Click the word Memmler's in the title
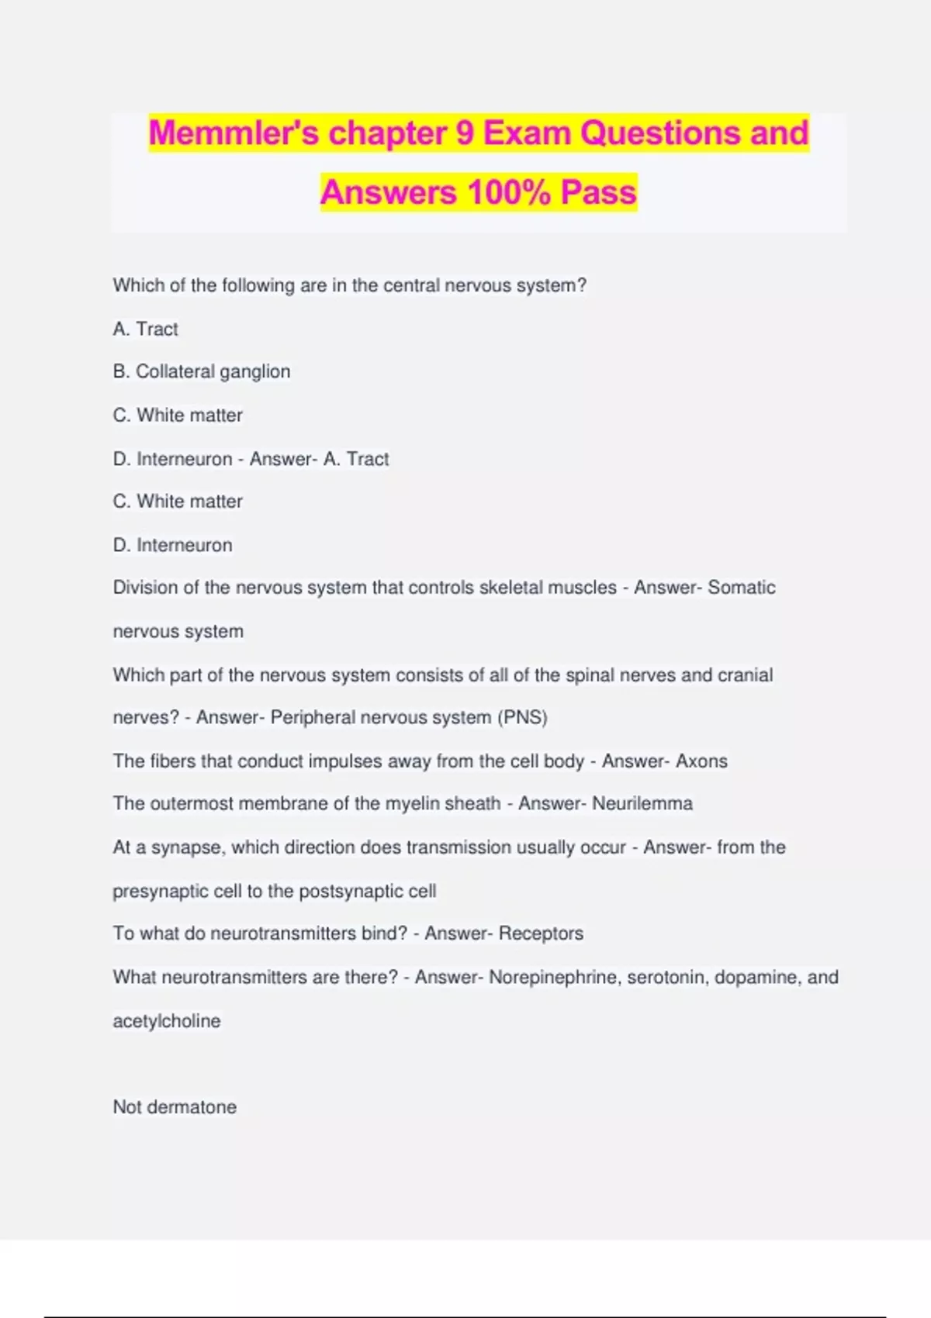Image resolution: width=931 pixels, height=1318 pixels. pos(233,133)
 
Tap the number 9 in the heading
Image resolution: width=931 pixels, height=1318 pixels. pos(464,133)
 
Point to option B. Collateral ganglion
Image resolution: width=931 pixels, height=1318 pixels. pos(201,371)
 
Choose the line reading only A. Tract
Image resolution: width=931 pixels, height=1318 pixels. pos(145,329)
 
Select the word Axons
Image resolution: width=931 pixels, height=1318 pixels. pos(701,761)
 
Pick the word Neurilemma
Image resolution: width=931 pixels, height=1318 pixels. pos(642,803)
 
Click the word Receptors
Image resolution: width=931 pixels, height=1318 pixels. pos(541,933)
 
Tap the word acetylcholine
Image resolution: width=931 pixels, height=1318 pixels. pos(167,1021)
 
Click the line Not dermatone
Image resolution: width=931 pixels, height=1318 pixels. pos(175,1107)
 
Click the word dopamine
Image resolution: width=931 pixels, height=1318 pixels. pos(755,977)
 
